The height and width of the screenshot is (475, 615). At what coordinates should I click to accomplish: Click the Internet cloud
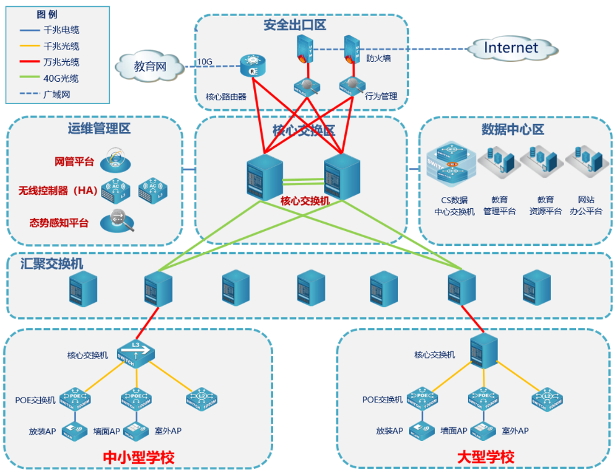pyautogui.click(x=511, y=48)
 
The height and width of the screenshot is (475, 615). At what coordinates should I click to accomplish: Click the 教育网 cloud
pyautogui.click(x=150, y=66)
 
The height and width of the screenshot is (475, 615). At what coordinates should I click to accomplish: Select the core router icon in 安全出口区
pyautogui.click(x=253, y=66)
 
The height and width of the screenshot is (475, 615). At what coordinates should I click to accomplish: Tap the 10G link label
pyautogui.click(x=205, y=62)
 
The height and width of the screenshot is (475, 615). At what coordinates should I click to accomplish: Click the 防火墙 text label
pyautogui.click(x=378, y=59)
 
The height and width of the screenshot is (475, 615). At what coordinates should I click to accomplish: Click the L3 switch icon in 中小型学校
pyautogui.click(x=135, y=354)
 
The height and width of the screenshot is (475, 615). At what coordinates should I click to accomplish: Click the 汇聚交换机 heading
pyautogui.click(x=52, y=263)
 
